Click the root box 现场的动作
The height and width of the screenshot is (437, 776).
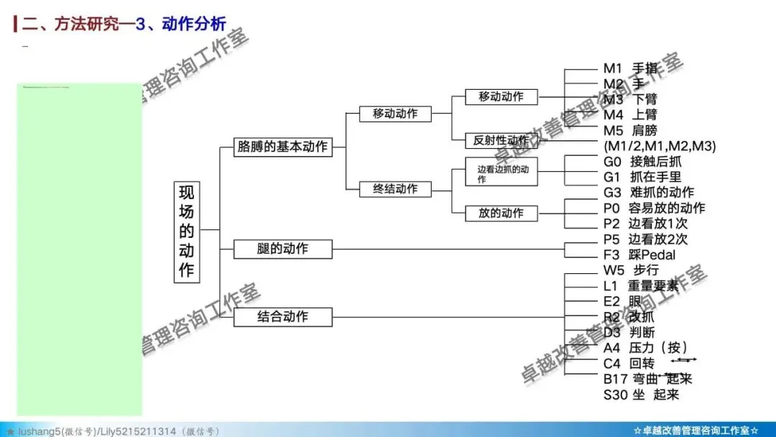pos(187,231)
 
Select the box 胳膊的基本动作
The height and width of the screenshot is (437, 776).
pos(282,147)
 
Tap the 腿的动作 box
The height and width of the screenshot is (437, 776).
pos(282,249)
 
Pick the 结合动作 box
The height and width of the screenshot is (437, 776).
pos(282,316)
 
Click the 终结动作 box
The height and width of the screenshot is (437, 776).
pos(394,189)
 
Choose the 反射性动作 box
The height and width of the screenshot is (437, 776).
pos(501,139)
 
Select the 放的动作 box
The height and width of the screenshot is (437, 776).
pos(501,213)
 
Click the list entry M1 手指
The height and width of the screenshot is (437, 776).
pos(630,68)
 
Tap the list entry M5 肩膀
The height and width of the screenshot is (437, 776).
pos(630,130)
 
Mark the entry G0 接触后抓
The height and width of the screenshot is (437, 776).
pos(642,161)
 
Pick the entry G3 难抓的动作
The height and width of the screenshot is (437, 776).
pos(649,192)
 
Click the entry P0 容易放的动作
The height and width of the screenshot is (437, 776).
pos(654,208)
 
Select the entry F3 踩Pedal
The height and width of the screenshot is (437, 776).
pos(639,254)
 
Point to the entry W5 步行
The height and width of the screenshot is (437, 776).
pos(631,270)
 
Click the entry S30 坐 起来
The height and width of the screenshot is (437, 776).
pos(641,394)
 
